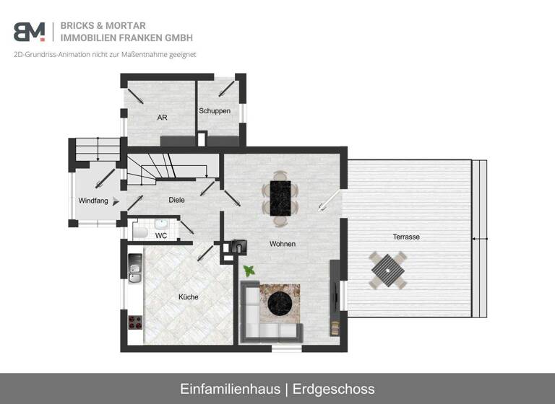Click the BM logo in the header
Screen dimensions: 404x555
click(x=29, y=32)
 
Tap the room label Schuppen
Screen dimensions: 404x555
click(x=215, y=111)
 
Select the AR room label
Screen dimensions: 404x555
click(x=162, y=118)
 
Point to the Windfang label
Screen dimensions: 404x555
click(x=93, y=201)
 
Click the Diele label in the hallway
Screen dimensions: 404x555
click(x=177, y=200)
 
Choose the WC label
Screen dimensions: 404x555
click(x=161, y=236)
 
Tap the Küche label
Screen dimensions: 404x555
click(x=188, y=297)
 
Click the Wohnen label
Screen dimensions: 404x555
click(x=283, y=244)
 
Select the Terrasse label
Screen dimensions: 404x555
click(x=406, y=237)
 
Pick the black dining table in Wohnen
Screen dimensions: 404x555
click(x=280, y=196)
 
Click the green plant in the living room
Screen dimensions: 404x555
click(x=249, y=271)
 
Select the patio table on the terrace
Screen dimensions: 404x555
click(x=387, y=271)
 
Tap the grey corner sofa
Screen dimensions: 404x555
click(x=252, y=317)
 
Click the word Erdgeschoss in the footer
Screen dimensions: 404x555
click(x=333, y=389)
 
